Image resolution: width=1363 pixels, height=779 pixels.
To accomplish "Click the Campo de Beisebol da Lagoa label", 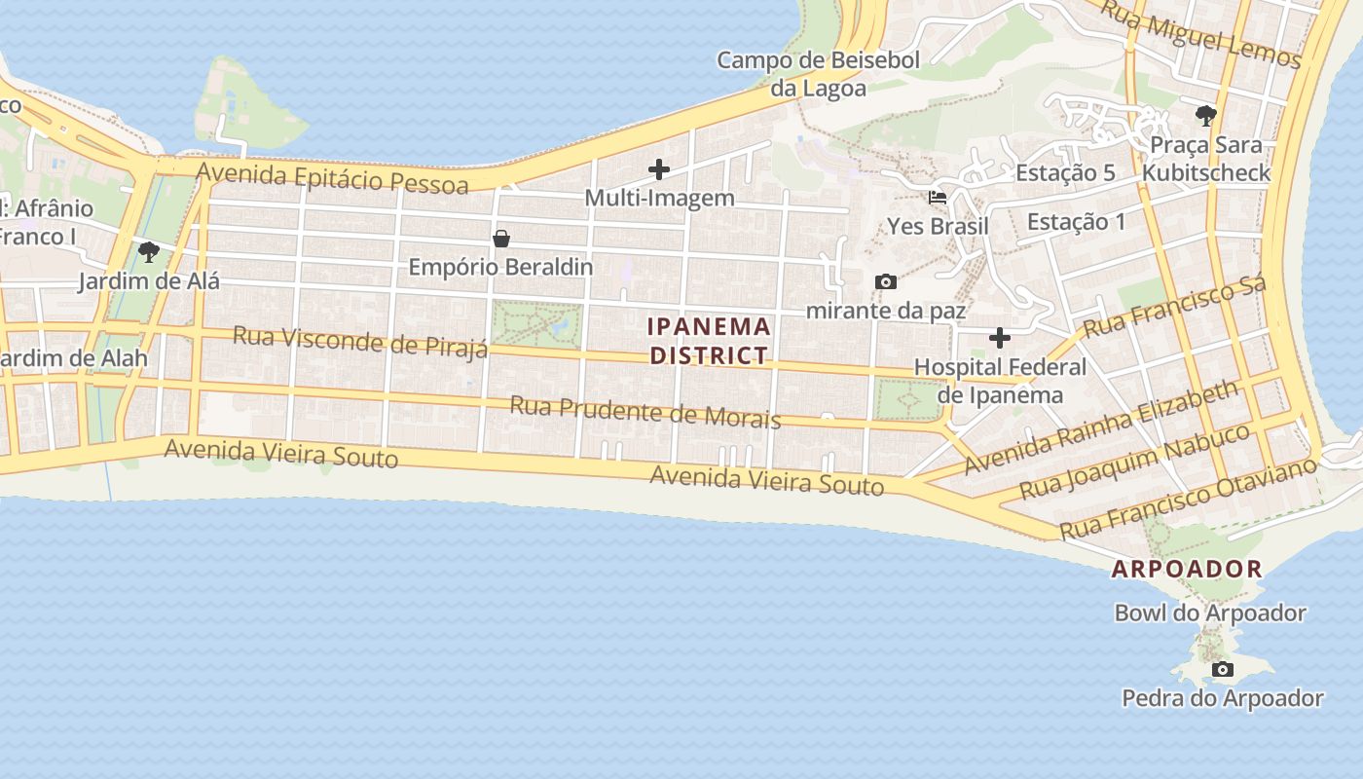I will click(x=818, y=74).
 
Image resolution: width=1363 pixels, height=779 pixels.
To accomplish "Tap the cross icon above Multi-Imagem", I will click(x=659, y=169).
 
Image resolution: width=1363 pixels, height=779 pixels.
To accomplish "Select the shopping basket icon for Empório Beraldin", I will click(x=501, y=239).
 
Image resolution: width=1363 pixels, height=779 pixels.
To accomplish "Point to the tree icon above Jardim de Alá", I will click(x=148, y=253).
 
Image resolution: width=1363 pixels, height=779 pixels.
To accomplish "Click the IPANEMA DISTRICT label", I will click(x=710, y=341).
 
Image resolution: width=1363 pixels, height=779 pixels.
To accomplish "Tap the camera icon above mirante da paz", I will click(x=885, y=282).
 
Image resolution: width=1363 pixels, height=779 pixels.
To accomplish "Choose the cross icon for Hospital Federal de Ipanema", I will click(x=1000, y=338).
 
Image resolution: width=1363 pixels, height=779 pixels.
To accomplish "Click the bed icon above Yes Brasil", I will click(x=938, y=197).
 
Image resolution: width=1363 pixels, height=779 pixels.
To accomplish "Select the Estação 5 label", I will click(x=1065, y=173).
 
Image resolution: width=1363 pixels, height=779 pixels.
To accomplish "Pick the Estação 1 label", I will click(x=1076, y=222).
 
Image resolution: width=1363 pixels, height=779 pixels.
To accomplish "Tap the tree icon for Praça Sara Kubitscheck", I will click(x=1206, y=117).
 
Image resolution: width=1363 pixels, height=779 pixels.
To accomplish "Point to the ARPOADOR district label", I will click(x=1187, y=570).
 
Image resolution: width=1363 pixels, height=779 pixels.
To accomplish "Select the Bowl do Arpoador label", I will click(x=1209, y=613).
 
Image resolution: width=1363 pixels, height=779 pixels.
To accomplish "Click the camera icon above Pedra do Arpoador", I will click(x=1223, y=669).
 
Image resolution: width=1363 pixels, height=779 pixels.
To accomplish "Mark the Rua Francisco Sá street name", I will click(x=1174, y=306).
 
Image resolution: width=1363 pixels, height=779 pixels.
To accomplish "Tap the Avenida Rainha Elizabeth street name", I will click(x=1101, y=427).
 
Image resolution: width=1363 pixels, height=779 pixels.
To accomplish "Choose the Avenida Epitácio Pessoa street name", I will click(x=332, y=178).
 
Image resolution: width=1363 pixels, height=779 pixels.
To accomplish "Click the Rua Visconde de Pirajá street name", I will click(x=360, y=342).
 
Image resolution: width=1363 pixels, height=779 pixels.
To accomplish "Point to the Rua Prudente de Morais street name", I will click(x=645, y=412).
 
